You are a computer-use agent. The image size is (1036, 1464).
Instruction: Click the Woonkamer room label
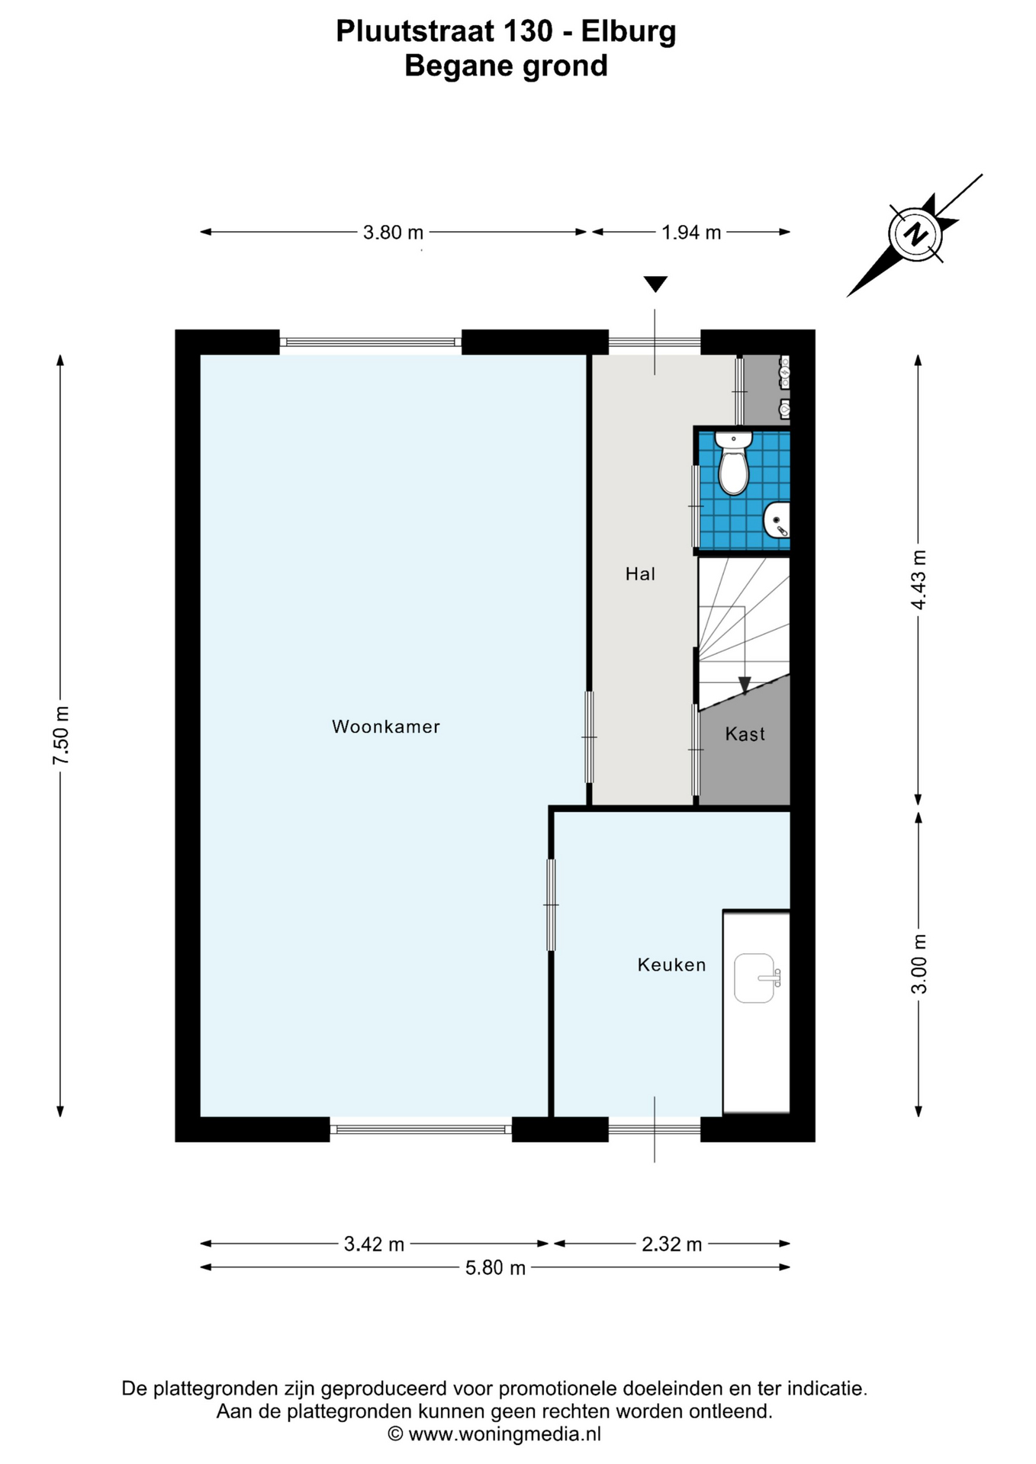coord(386,727)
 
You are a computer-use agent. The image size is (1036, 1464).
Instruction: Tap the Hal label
coord(640,574)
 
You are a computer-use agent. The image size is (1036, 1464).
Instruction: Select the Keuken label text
coord(671,965)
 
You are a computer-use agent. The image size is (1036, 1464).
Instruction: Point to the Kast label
coord(745,734)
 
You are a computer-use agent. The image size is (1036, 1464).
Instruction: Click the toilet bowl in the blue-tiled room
coord(734,467)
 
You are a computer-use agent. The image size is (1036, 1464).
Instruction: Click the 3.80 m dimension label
coord(393,232)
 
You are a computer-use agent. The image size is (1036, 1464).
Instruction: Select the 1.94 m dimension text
coord(691,232)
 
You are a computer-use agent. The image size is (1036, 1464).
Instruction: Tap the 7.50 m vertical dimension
coord(61,735)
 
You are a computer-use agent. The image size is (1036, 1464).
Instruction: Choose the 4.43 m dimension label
coord(919,579)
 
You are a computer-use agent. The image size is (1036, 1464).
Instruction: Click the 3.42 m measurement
coord(374,1244)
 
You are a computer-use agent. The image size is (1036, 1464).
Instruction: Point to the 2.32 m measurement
coord(671,1244)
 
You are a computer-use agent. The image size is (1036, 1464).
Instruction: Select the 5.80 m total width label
coord(496,1268)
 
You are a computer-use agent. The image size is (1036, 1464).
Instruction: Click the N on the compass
coord(915,234)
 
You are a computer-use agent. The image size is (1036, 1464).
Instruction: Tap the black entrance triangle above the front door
coord(655,284)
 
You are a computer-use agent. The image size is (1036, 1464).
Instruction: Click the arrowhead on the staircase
coord(744,685)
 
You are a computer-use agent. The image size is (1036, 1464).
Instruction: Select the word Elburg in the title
coord(629,32)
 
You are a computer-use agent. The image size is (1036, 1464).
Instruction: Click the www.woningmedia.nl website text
coord(504,1433)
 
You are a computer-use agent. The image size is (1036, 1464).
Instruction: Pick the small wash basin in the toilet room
coord(777,521)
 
